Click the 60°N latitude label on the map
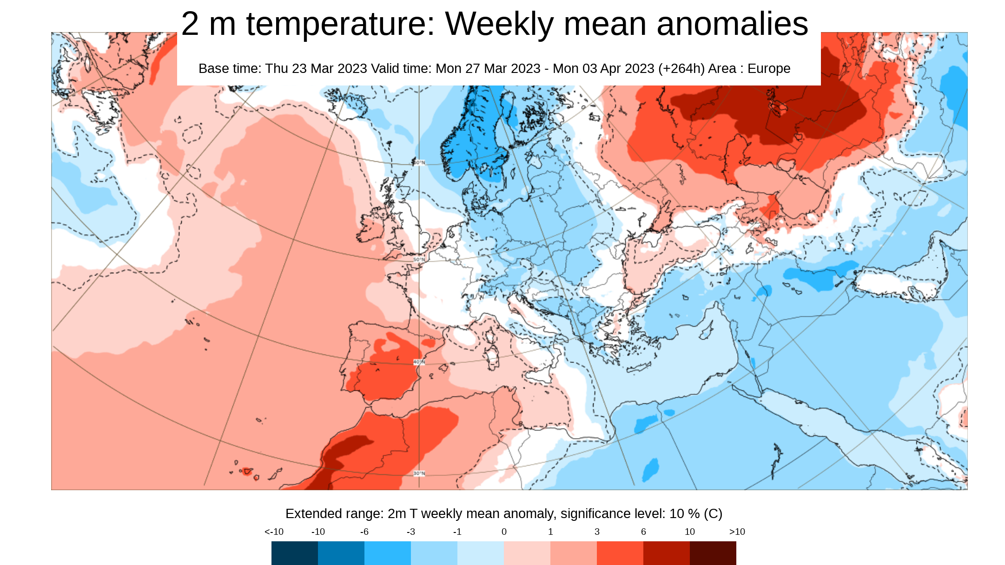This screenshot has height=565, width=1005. point(419,163)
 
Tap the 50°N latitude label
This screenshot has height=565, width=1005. point(419,259)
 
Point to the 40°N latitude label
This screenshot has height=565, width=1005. point(419,362)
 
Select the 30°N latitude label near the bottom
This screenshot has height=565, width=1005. point(419,473)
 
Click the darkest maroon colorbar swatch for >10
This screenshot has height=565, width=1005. point(713,553)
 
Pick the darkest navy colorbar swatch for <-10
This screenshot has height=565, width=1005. point(295,553)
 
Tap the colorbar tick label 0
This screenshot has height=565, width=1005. point(504,532)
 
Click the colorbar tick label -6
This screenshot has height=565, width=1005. point(364,532)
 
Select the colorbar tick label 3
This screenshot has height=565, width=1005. point(597,532)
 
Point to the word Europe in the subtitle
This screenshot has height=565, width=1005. point(769,69)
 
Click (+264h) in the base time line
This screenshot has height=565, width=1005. point(681,69)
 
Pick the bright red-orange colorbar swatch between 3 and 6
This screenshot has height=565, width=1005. point(620,553)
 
